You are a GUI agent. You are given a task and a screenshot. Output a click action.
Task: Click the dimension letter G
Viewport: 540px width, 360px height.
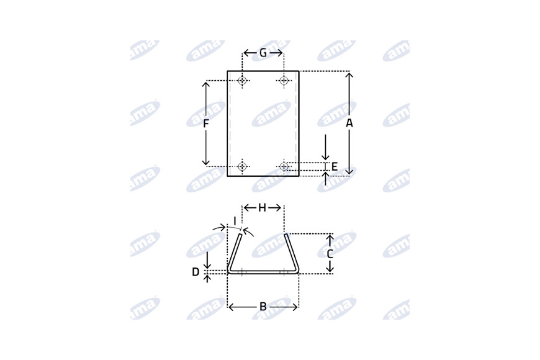263,53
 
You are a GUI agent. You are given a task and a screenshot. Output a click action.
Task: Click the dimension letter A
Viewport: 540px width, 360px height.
349,123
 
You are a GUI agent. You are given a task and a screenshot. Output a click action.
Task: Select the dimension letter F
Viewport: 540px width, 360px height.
205,124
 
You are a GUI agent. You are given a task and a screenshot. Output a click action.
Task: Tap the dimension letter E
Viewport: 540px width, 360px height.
335,167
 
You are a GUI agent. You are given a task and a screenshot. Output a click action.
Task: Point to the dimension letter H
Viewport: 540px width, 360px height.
262,208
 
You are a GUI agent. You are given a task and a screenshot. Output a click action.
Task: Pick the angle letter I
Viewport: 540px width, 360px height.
235,221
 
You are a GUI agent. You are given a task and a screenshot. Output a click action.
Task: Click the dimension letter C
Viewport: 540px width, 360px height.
330,254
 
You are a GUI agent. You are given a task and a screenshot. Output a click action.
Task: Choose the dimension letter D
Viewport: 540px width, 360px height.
196,272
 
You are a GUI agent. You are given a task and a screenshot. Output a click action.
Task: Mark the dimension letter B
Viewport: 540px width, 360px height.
263,306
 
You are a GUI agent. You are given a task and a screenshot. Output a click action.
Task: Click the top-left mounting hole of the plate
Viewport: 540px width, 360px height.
243,81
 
